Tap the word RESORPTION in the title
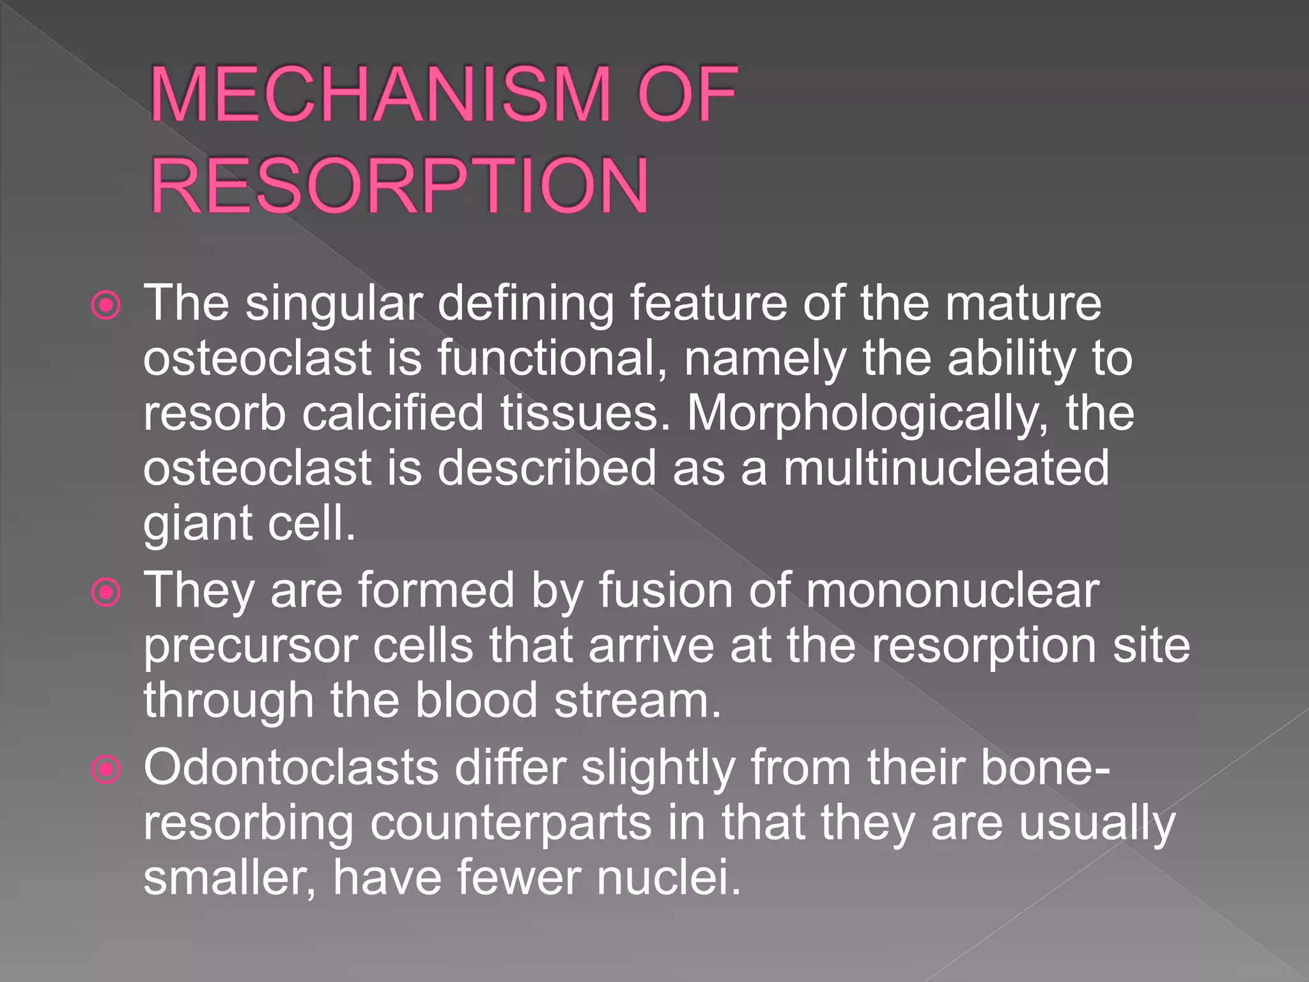tap(399, 187)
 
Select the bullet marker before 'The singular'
tap(105, 306)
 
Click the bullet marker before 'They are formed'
tap(105, 593)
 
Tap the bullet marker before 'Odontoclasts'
tap(105, 770)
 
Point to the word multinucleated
tap(946, 469)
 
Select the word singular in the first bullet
tap(334, 304)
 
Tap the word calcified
tap(392, 414)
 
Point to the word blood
tap(476, 701)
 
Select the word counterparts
tap(511, 823)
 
